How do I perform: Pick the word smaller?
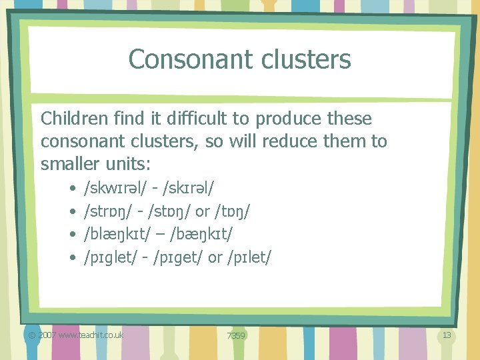click(x=73, y=163)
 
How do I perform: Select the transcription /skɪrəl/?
click(x=183, y=189)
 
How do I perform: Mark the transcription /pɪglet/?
click(x=109, y=257)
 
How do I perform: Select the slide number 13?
click(x=447, y=335)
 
